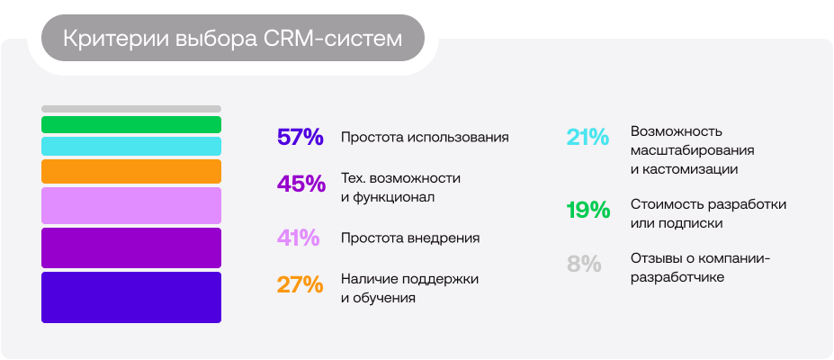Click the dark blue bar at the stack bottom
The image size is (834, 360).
pyautogui.click(x=131, y=297)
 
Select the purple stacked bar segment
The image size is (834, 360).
pyautogui.click(x=131, y=247)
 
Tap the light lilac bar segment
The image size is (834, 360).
pyautogui.click(x=131, y=205)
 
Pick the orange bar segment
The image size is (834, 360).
pyautogui.click(x=131, y=171)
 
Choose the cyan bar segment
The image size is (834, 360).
pyautogui.click(x=131, y=146)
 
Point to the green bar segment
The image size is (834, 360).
pyautogui.click(x=131, y=124)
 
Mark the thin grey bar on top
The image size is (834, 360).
pyautogui.click(x=131, y=109)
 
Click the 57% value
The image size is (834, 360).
pyautogui.click(x=300, y=138)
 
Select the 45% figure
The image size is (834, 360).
pyautogui.click(x=300, y=184)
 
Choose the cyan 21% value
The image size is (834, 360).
pyautogui.click(x=587, y=138)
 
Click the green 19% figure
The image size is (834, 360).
pyautogui.click(x=588, y=211)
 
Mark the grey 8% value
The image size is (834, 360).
pyautogui.click(x=583, y=265)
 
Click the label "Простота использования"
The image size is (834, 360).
pyautogui.click(x=425, y=138)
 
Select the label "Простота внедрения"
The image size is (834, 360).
pyautogui.click(x=410, y=238)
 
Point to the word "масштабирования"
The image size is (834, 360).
pyautogui.click(x=692, y=149)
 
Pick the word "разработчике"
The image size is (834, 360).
pyautogui.click(x=677, y=278)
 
